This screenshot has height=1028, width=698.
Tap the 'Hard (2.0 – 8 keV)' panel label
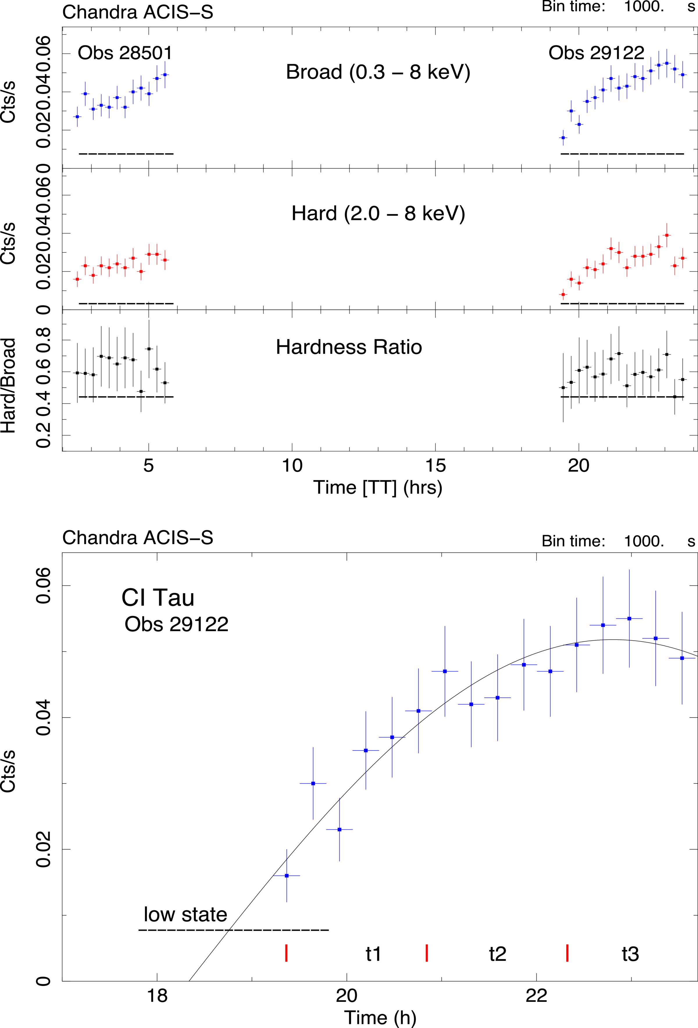(378, 214)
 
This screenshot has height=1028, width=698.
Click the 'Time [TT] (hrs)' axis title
(378, 488)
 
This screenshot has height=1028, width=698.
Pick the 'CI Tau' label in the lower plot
(158, 598)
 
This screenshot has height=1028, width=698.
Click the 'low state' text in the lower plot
(185, 914)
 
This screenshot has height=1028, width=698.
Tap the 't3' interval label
(630, 954)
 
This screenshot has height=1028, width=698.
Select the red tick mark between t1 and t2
(426, 953)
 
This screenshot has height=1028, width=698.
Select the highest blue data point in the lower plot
(629, 618)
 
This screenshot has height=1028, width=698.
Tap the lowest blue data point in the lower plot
(287, 876)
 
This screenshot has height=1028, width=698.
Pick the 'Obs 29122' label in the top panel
(596, 53)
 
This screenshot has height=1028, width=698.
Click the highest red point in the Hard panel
(667, 235)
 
